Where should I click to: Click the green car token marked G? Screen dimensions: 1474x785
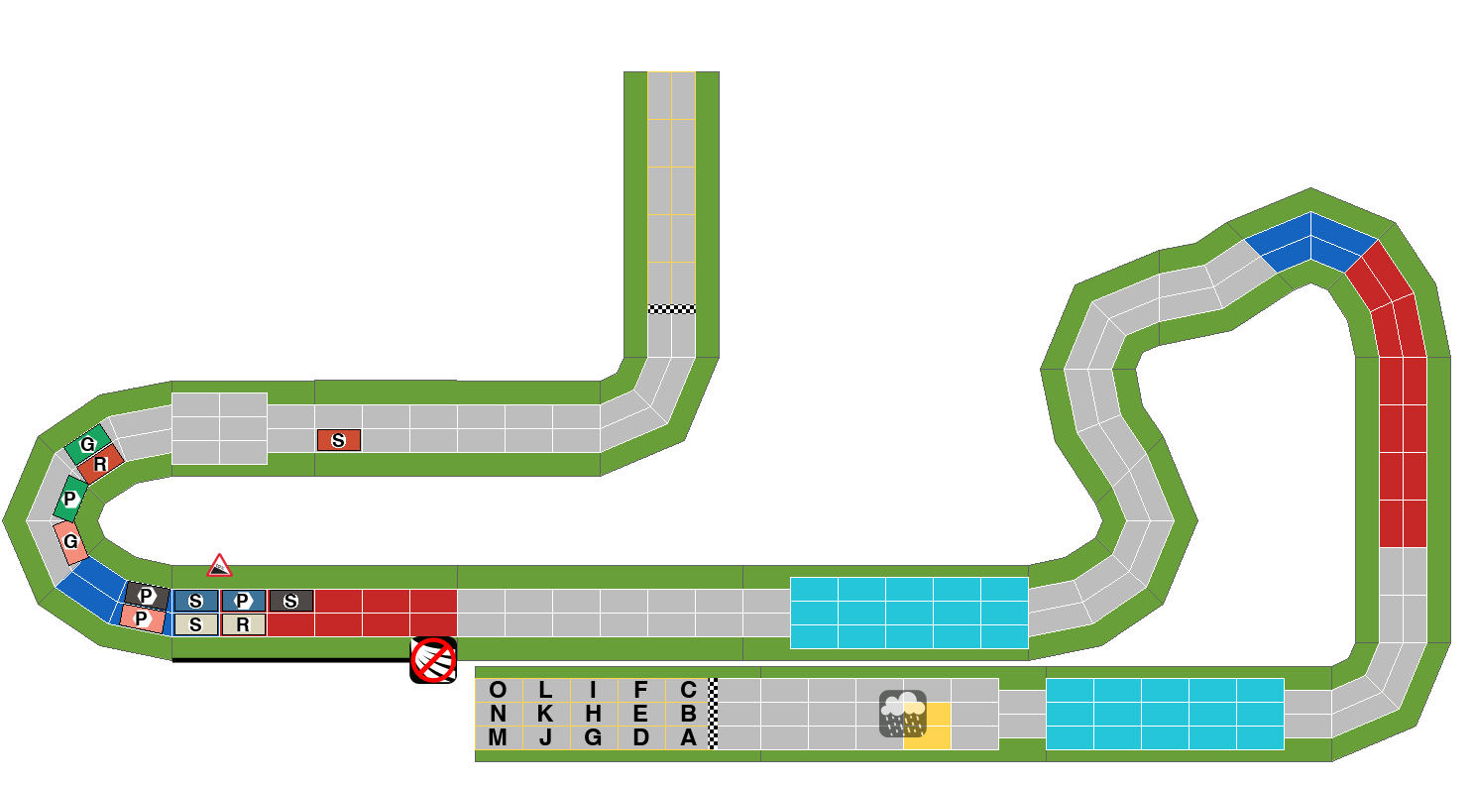87,444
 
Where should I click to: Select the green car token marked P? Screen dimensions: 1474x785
70,499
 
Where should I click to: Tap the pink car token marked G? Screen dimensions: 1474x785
70,542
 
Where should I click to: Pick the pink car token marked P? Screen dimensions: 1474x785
142,618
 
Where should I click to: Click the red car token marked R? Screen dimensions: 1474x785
100,464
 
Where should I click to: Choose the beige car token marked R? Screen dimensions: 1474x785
244,624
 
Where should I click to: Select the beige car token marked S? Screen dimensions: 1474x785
195,624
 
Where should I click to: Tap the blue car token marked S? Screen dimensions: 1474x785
195,601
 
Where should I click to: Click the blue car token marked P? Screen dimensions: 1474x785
244,601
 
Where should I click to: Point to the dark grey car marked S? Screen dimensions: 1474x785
290,601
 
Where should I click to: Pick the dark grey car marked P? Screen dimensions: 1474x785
147,596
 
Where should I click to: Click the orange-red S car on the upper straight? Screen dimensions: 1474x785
339,440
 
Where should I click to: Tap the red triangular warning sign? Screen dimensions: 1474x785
219,566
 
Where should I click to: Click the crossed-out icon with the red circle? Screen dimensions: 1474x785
433,660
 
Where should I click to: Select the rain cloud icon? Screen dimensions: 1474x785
903,714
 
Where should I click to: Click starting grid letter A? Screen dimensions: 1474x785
688,737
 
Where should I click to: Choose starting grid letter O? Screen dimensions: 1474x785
498,690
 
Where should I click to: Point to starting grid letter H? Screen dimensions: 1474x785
593,714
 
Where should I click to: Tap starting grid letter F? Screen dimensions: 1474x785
641,690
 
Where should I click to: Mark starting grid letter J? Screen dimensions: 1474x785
545,737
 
